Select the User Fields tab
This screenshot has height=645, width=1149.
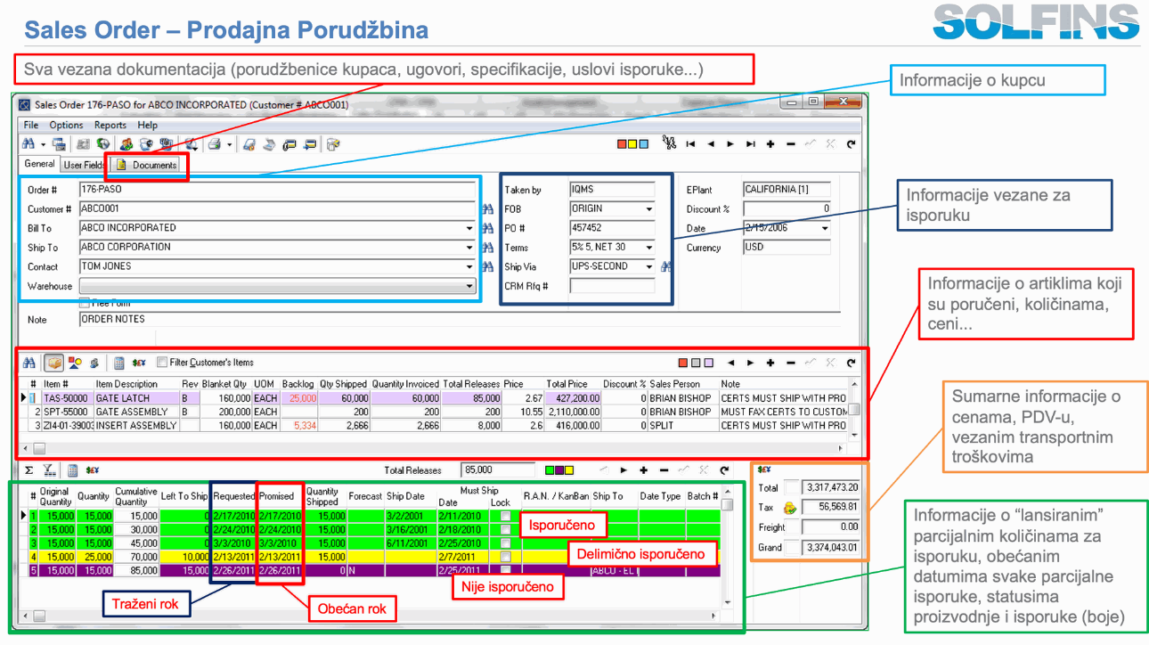click(x=85, y=165)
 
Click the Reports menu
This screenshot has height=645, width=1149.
click(x=110, y=125)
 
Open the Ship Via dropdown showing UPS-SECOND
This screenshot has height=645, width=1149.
click(x=648, y=266)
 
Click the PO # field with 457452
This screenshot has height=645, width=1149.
click(x=611, y=228)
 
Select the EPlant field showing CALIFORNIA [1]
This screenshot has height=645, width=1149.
click(x=786, y=190)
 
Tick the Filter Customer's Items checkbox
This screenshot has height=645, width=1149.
click(x=161, y=363)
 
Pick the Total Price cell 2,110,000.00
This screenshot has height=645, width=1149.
click(x=571, y=412)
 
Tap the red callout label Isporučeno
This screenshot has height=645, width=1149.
click(x=563, y=525)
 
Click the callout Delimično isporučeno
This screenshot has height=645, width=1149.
click(x=641, y=554)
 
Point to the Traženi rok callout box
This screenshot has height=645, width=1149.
click(x=145, y=604)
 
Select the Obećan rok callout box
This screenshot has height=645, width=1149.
click(x=353, y=610)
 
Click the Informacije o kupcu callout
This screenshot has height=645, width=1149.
click(x=997, y=80)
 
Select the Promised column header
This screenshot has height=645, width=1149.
click(x=277, y=496)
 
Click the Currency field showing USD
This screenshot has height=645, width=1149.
click(x=786, y=248)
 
